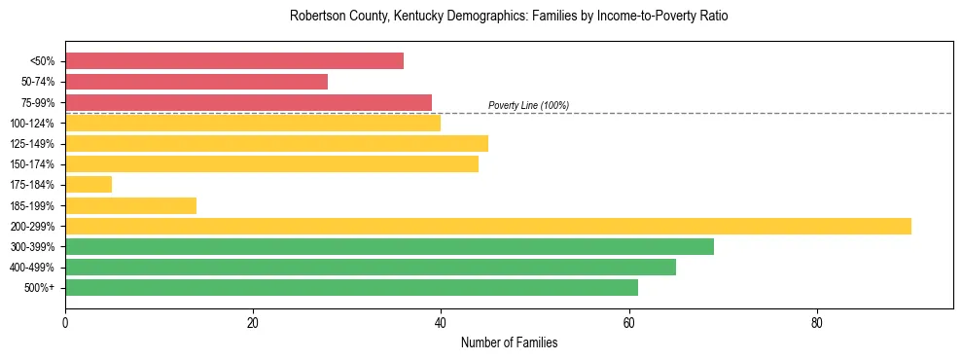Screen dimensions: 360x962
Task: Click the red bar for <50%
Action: click(x=233, y=61)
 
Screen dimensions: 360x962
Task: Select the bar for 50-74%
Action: click(x=196, y=82)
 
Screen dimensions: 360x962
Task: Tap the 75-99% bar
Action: click(x=248, y=102)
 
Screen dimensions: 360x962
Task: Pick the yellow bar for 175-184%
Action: click(x=89, y=185)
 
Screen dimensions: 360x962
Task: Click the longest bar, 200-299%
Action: click(x=487, y=226)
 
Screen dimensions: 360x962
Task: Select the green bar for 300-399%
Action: click(x=389, y=246)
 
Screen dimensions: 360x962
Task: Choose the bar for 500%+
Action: click(x=351, y=287)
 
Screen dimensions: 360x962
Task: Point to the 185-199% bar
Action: click(x=130, y=205)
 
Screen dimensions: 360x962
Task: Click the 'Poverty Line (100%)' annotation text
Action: click(x=528, y=105)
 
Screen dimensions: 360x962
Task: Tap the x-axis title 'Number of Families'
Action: click(x=509, y=343)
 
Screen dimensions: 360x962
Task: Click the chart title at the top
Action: click(x=509, y=17)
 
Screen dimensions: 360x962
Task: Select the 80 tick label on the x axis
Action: click(x=817, y=323)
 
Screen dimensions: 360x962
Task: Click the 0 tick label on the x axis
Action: click(x=65, y=323)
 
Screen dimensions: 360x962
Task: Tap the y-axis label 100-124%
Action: click(x=32, y=124)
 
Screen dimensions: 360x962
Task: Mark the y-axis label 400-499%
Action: click(x=32, y=268)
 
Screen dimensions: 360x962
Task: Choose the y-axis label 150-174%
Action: click(x=32, y=164)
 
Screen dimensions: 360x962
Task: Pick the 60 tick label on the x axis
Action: click(x=628, y=323)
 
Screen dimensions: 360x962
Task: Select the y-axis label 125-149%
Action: click(x=32, y=144)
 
